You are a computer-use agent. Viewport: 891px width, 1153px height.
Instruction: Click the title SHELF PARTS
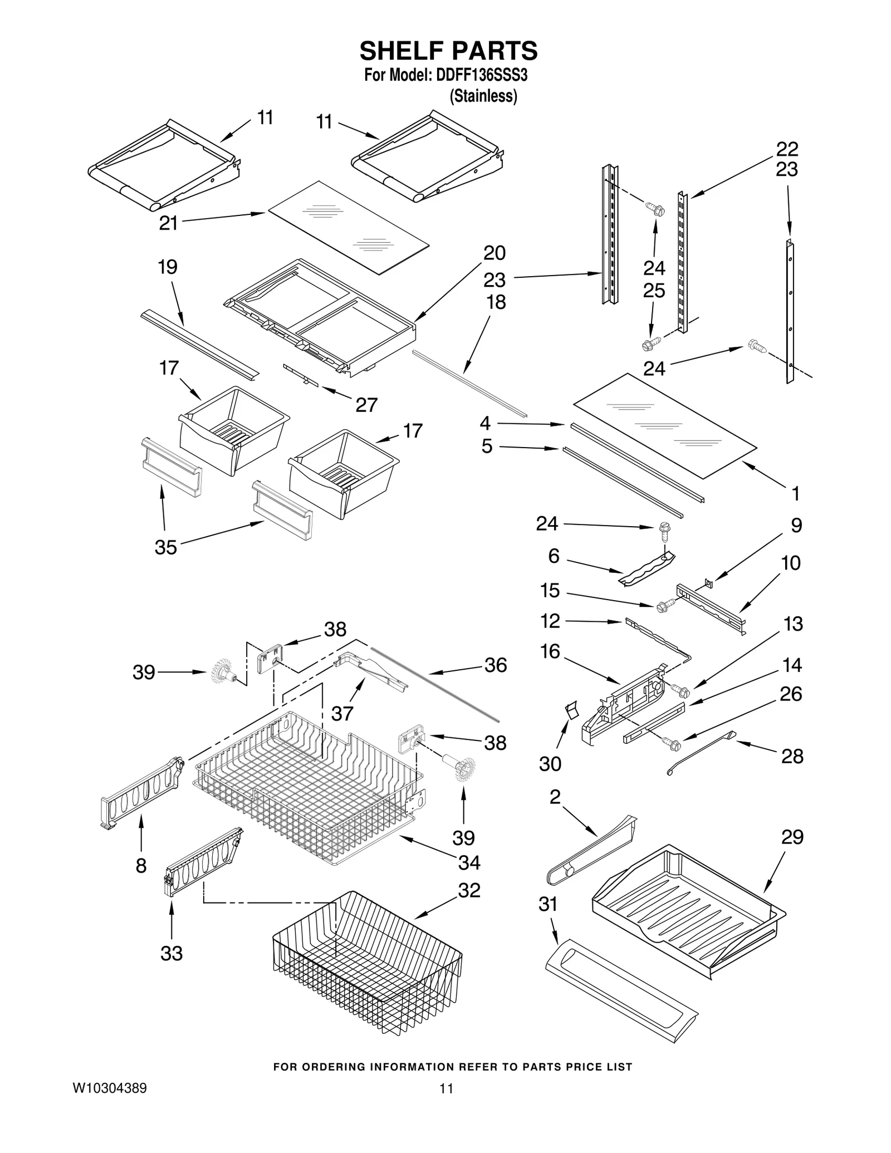click(448, 51)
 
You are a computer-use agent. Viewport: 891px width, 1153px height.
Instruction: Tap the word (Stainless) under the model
click(483, 96)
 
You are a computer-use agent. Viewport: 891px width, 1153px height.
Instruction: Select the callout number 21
click(168, 223)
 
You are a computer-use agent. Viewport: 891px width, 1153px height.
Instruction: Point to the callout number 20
click(494, 253)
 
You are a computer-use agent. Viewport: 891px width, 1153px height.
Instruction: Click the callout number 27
click(366, 405)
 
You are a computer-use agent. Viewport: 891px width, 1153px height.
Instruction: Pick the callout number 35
click(165, 547)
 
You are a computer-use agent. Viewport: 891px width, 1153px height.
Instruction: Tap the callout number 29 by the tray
click(792, 852)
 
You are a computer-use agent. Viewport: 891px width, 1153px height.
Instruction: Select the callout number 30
click(550, 764)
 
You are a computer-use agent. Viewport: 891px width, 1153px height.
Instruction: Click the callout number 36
click(496, 665)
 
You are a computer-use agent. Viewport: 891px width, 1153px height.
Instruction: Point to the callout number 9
click(796, 525)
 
